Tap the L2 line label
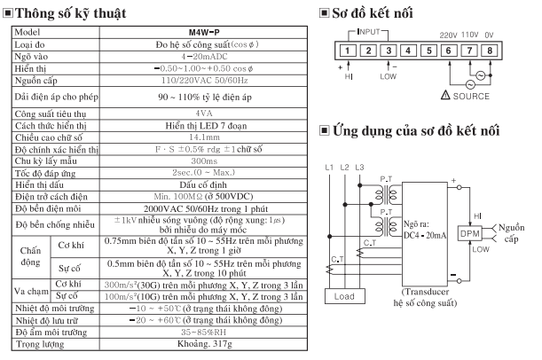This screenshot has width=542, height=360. tap(348, 168)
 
